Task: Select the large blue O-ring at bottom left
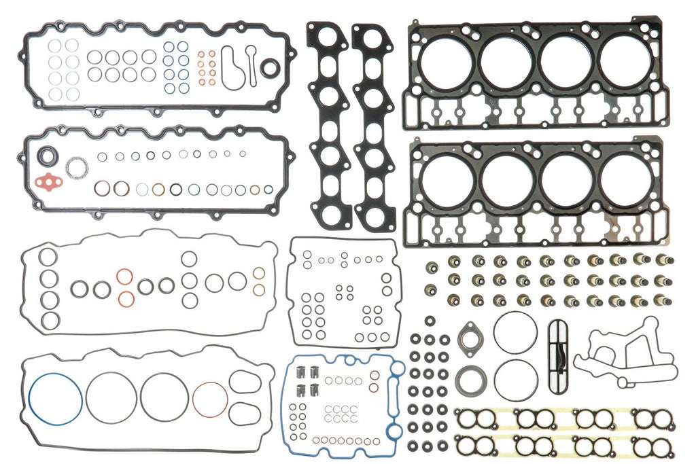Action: coord(56,399)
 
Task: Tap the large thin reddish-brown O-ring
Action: coord(210,399)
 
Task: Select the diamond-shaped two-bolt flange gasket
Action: coord(468,338)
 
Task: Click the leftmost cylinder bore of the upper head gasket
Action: coord(442,64)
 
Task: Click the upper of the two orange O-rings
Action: coord(124,276)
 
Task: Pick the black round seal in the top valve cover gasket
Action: coord(270,67)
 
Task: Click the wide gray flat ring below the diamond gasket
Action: coord(470,378)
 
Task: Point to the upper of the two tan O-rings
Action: coord(259,273)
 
